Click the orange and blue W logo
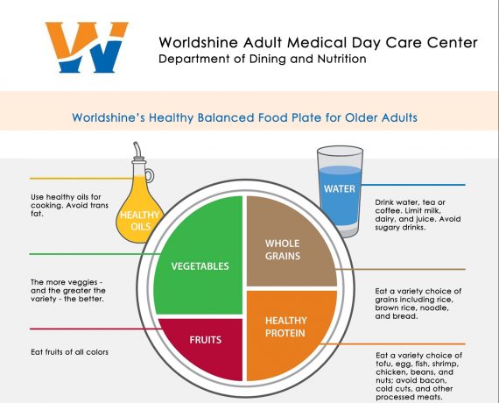(87, 47)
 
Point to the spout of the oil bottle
(137, 149)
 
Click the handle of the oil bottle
(149, 175)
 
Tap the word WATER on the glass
(340, 188)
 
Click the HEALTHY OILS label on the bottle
(140, 221)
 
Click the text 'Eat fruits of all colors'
(69, 352)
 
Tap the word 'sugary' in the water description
(387, 228)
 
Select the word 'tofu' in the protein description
(383, 364)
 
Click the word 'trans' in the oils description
(98, 206)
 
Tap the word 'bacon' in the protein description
(435, 380)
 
